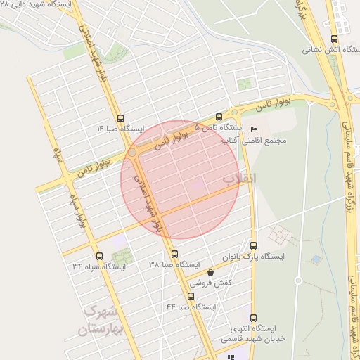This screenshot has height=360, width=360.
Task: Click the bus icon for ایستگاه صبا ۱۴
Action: (x=120, y=118)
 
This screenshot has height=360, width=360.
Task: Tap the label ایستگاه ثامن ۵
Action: (x=219, y=129)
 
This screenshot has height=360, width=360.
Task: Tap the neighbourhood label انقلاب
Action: (x=240, y=179)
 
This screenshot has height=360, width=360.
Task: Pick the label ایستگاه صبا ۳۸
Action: (x=171, y=265)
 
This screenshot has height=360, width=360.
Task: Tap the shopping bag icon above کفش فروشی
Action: (x=210, y=272)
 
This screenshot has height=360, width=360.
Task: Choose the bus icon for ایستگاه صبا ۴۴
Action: (x=191, y=297)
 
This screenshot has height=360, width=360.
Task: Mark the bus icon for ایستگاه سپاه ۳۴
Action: (x=98, y=256)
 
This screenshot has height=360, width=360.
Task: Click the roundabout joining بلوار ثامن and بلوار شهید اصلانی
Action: (x=132, y=153)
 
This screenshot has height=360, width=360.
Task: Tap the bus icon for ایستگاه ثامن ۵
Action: (x=219, y=117)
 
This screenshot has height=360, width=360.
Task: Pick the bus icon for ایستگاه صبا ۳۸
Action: (x=174, y=254)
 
